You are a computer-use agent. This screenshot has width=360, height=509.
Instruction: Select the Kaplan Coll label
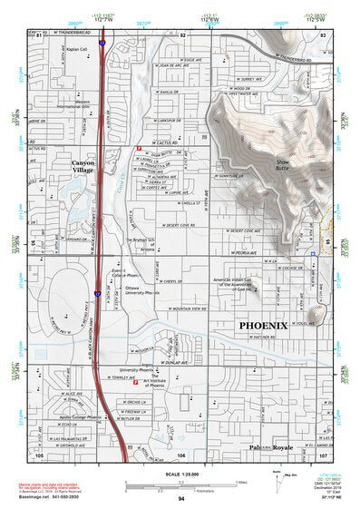[77, 50]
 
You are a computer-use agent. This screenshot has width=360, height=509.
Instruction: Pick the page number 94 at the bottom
[181, 499]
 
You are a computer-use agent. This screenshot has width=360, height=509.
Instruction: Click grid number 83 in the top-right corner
[324, 34]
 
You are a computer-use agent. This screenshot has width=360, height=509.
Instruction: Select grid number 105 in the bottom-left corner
[39, 455]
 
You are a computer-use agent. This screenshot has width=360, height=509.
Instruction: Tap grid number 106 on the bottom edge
[181, 455]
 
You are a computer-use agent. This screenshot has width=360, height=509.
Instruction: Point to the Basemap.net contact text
[38, 498]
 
